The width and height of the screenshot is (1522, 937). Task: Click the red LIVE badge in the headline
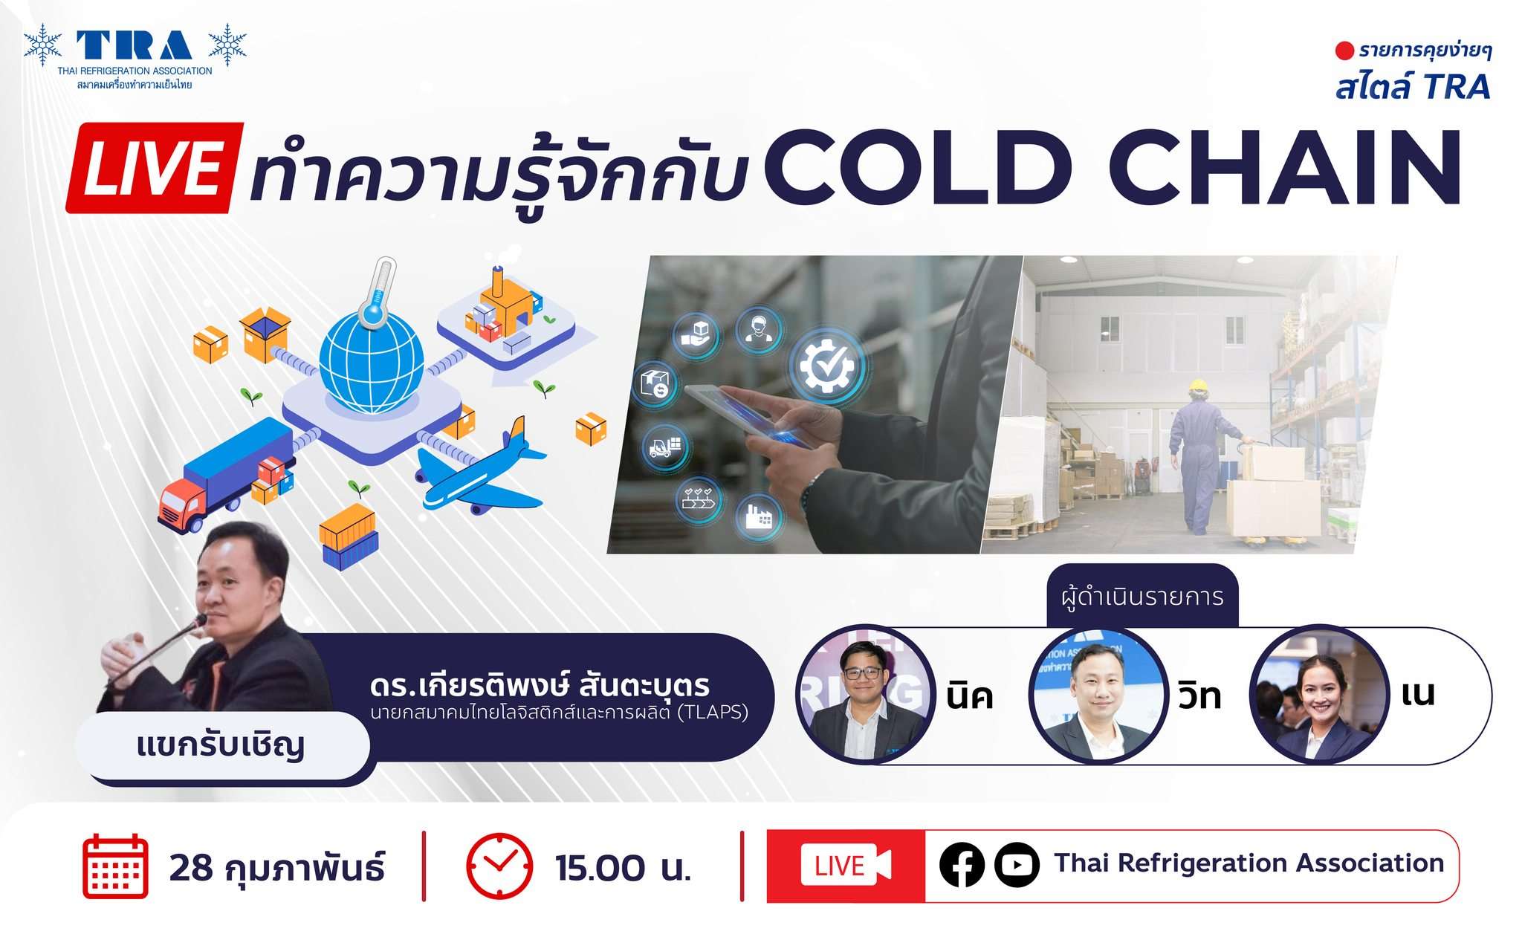tap(155, 168)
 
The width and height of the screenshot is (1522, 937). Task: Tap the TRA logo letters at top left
tap(135, 45)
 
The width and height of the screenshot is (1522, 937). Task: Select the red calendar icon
tap(115, 866)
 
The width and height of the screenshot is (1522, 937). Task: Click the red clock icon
tap(499, 866)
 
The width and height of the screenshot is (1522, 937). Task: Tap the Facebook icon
tap(962, 865)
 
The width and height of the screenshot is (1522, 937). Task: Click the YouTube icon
tap(1017, 865)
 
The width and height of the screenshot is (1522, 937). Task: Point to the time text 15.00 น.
tap(623, 868)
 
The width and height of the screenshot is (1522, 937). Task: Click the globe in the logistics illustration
tap(372, 362)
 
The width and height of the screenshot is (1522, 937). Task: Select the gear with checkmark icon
tap(827, 366)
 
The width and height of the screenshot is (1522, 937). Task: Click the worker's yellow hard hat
tap(1197, 386)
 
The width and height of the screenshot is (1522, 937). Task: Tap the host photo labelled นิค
tap(866, 694)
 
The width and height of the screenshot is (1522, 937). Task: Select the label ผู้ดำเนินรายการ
tap(1142, 597)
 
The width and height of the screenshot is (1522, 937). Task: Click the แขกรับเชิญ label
tap(221, 745)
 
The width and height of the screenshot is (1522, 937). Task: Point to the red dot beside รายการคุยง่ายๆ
tap(1344, 51)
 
